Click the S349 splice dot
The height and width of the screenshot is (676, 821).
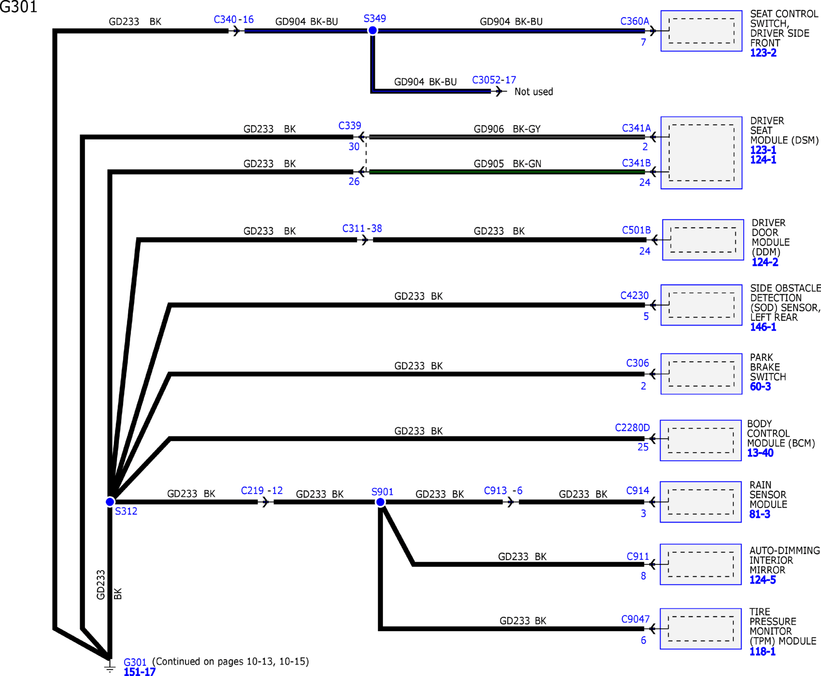[373, 30]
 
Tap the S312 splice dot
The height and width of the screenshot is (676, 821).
[110, 502]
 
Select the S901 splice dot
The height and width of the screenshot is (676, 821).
[380, 502]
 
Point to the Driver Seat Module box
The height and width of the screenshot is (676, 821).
[702, 153]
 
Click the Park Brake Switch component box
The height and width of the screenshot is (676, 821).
[702, 374]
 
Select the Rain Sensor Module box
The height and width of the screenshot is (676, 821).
[701, 502]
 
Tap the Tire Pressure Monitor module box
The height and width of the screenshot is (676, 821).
[701, 629]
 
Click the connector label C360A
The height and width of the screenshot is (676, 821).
[635, 21]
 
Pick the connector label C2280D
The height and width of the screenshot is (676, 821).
[633, 427]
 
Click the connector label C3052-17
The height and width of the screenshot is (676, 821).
[494, 80]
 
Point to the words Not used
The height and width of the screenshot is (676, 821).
[533, 91]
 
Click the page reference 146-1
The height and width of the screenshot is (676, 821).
[763, 327]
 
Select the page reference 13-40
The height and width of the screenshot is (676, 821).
[760, 452]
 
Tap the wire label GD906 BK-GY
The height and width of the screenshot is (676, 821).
[507, 129]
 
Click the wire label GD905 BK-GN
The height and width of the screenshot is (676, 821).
[508, 163]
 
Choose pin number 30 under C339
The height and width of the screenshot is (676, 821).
[354, 146]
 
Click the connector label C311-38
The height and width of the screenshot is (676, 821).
[362, 228]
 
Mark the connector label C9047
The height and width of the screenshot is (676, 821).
[635, 619]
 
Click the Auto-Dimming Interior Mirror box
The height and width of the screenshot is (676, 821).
[701, 564]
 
